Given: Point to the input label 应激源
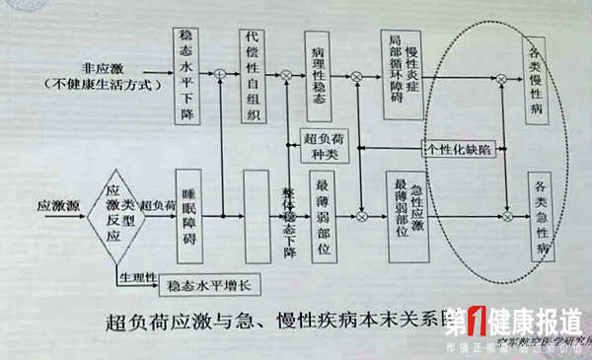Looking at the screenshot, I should coord(55,208).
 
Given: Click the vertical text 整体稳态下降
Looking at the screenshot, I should coord(289,218).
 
